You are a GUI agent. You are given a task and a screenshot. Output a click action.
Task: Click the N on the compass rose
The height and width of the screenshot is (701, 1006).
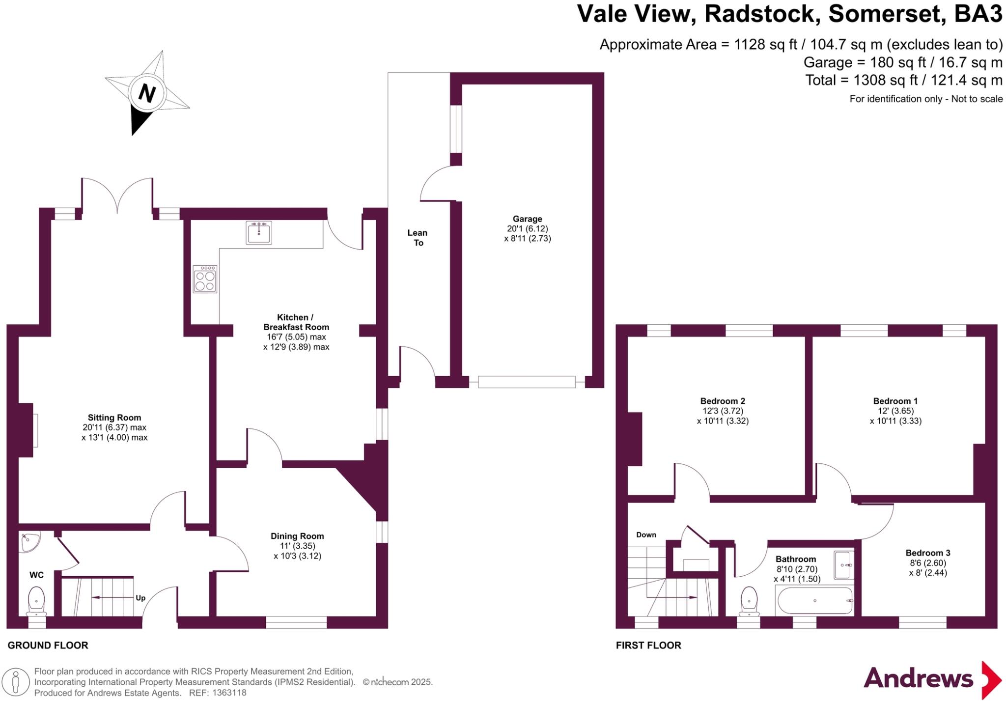(x=146, y=93)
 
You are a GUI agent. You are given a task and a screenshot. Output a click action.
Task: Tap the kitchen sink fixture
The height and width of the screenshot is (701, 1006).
(x=258, y=232)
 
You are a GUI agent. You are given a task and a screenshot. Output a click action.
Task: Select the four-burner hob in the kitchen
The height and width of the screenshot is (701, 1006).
(x=205, y=280)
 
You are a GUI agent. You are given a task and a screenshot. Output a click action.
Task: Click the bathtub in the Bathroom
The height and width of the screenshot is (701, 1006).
(x=815, y=600)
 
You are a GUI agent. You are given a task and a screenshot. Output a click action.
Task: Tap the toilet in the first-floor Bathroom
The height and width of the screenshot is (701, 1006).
(x=749, y=601)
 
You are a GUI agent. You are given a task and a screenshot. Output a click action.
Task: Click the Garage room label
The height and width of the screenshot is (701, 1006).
(x=528, y=219)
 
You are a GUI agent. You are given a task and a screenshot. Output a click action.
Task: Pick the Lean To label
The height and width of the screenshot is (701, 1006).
(x=418, y=238)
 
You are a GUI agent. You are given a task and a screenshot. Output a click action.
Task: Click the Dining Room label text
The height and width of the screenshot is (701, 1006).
(x=297, y=536)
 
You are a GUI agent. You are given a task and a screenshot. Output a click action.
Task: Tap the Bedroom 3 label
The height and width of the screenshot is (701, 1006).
(x=928, y=553)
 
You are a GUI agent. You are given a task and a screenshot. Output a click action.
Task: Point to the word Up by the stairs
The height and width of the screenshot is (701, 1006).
(x=140, y=598)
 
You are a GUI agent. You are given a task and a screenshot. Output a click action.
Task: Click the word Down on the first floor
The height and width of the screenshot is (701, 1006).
(x=646, y=535)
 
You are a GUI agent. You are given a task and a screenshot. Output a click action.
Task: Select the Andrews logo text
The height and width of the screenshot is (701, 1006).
(x=918, y=679)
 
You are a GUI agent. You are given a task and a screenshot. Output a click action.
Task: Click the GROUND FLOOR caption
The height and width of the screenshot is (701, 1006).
(x=48, y=645)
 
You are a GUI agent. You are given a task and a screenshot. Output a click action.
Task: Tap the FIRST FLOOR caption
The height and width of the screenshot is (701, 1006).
(x=648, y=645)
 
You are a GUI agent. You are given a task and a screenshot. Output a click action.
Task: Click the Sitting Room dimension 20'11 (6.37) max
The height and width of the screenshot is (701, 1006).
(x=114, y=427)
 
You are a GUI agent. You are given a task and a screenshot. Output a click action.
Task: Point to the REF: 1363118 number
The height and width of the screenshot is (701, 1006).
(x=229, y=693)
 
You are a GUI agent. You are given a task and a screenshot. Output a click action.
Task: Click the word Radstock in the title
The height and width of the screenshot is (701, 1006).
(x=762, y=14)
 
